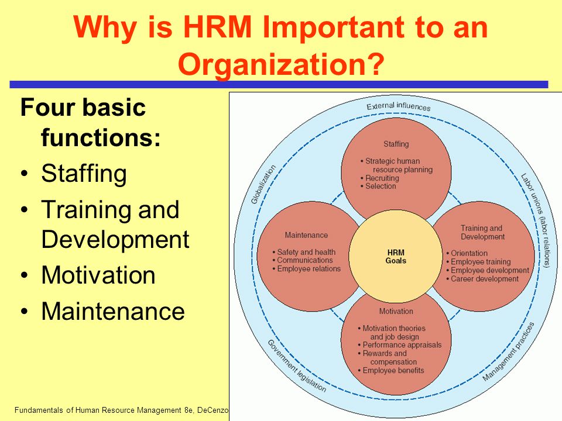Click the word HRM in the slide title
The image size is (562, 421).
click(x=217, y=27)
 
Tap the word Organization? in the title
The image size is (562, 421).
click(x=281, y=64)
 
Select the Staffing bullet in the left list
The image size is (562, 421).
click(x=84, y=174)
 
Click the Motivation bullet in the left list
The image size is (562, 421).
click(x=98, y=275)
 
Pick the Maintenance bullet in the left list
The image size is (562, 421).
click(x=113, y=311)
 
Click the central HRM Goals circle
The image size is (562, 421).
click(x=396, y=256)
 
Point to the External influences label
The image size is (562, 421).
click(x=398, y=106)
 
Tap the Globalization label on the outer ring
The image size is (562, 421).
click(x=263, y=184)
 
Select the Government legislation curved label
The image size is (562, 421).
click(x=297, y=365)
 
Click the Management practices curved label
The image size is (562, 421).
click(x=508, y=351)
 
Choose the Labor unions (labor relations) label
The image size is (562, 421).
click(x=536, y=220)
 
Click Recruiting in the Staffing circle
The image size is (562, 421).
click(x=382, y=178)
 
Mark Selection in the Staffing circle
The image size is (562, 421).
click(x=381, y=186)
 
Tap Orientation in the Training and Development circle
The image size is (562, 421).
click(x=469, y=253)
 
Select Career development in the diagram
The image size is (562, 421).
click(x=484, y=279)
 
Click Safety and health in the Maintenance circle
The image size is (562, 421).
click(x=306, y=252)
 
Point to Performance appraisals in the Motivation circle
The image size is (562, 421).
click(x=402, y=345)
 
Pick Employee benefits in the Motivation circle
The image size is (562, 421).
click(x=393, y=371)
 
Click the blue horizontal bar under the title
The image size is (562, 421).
click(x=279, y=84)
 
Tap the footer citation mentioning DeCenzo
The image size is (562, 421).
click(x=121, y=410)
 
